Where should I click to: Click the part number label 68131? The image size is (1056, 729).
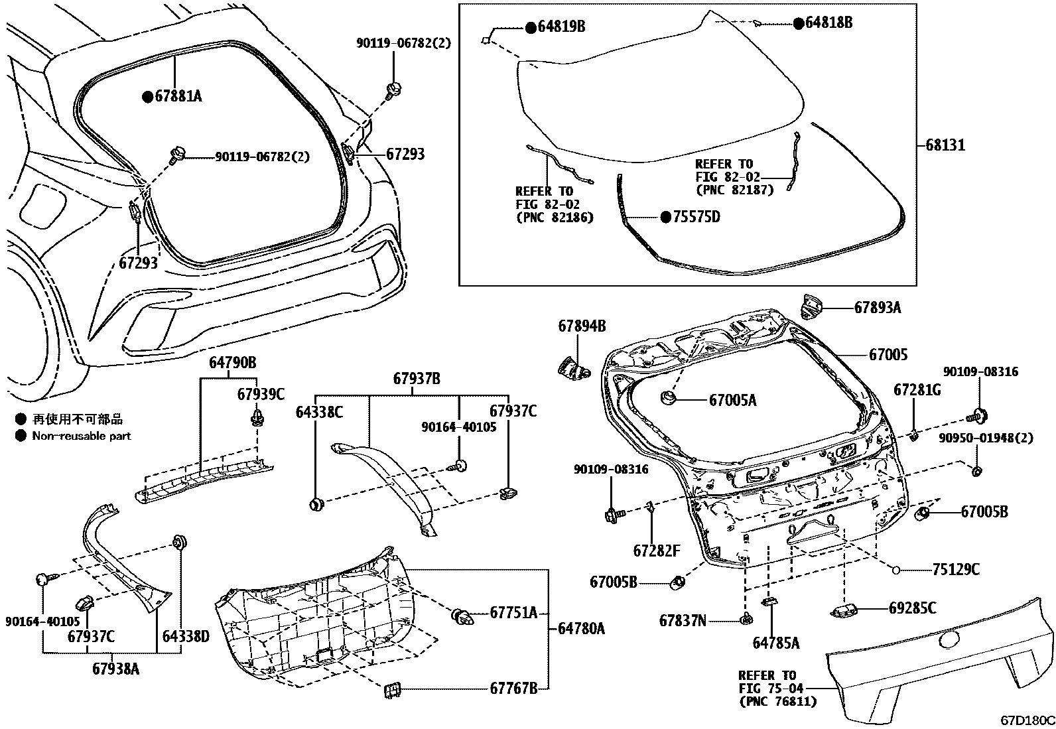pos(945,145)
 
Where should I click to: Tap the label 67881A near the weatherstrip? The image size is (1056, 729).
pos(178,97)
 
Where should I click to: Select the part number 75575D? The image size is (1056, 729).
pos(697,217)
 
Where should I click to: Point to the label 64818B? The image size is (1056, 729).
pos(828,23)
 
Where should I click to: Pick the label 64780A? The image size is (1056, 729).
pos(581,628)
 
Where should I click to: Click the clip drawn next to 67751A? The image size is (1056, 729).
pos(464,617)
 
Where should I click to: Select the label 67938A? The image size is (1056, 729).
pos(116,669)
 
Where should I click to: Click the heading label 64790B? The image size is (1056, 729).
pos(233,363)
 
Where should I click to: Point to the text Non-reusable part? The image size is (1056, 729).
pos(82,436)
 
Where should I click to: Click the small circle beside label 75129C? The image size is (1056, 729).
pos(895,569)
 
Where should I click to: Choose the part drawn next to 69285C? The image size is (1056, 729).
pos(844,608)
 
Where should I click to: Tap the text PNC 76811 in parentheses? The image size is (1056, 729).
pos(778,700)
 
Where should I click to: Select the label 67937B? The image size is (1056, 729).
pos(417,379)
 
